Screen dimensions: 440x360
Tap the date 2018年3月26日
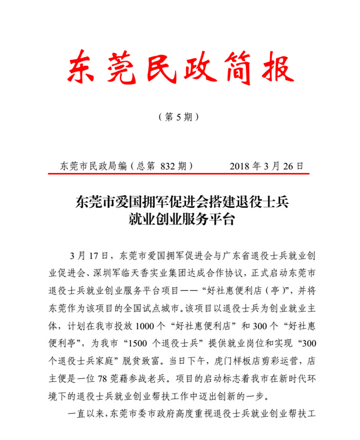pos(266,166)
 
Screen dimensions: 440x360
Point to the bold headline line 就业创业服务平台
pos(181,219)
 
